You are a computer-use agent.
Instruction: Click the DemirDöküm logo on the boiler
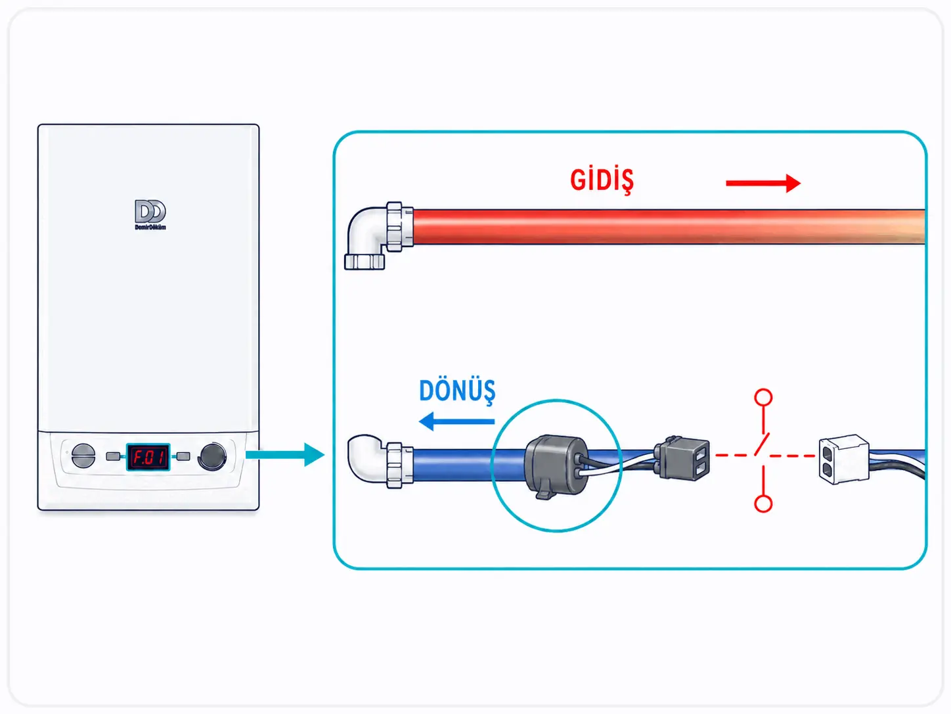point(150,214)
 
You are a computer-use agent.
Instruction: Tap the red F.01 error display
point(148,457)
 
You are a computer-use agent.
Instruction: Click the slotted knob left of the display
point(83,456)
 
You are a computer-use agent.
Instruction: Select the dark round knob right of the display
point(212,456)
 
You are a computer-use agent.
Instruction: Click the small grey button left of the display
point(113,456)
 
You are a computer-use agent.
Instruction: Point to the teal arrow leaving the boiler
point(285,455)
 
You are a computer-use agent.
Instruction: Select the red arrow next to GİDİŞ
point(763,183)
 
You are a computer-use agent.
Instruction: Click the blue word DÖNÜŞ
point(457,391)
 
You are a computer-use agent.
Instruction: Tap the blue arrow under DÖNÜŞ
point(456,421)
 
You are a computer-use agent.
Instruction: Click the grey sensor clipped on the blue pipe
point(556,466)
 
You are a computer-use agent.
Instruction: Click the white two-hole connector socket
point(843,460)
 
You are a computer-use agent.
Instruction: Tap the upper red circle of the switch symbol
point(763,397)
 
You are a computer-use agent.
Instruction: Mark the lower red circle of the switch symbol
point(763,504)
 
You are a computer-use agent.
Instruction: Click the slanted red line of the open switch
point(762,444)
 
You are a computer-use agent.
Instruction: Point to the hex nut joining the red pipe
point(394,226)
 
